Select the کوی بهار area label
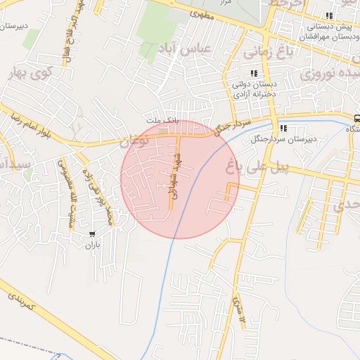coord(28,74)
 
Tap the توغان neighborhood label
coord(135,141)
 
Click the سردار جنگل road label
coord(232,127)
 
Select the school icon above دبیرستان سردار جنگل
coord(283,128)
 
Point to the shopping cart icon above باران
coord(92,234)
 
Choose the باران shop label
coord(93,245)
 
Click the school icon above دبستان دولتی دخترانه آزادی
coord(254,73)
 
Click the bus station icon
coord(357,118)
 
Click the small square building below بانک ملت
coord(164,130)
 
